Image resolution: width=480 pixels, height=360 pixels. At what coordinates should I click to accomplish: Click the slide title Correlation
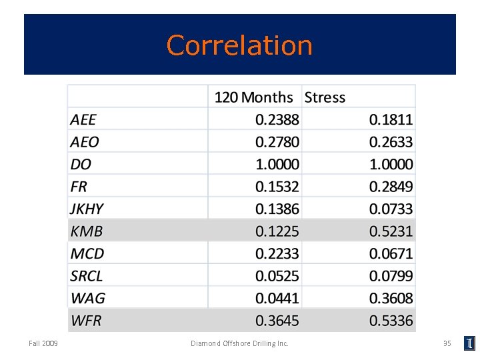pos(239,45)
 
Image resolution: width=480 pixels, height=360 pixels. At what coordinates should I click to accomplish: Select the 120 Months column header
pos(253,97)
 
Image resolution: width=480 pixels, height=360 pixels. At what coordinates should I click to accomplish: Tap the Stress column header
pos(325,97)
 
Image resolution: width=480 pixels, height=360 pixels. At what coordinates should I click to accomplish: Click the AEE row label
pos(83,120)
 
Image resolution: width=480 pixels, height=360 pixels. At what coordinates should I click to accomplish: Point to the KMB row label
pos(87,231)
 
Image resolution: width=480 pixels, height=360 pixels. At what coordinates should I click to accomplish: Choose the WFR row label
pos(86,321)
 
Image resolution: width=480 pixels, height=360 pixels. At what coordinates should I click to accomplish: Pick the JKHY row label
pos(87,209)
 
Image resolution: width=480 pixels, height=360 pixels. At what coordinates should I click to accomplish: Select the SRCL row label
pos(87,276)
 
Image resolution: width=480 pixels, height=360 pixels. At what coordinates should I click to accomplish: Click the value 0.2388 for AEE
pos(277,120)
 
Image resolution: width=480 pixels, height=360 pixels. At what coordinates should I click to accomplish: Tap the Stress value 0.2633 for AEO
pos(391,142)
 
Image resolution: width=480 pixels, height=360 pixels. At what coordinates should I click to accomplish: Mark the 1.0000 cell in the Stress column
pos(391,164)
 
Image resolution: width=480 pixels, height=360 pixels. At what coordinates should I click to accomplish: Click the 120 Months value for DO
pos(277,164)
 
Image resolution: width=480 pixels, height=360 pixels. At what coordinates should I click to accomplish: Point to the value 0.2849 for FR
pos(391,187)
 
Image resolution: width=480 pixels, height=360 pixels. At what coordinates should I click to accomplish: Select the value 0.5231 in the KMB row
pos(391,231)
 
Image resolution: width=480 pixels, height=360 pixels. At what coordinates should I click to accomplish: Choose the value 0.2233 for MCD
pos(277,253)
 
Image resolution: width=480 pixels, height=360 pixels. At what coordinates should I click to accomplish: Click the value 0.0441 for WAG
pos(277,298)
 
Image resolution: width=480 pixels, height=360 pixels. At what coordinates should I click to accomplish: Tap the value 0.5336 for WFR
pos(391,321)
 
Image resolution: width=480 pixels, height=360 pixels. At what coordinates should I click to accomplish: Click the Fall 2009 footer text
pos(43,343)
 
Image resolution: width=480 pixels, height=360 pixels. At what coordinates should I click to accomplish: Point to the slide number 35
pos(447,343)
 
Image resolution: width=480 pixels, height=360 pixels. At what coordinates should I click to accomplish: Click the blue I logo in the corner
pos(470,343)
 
